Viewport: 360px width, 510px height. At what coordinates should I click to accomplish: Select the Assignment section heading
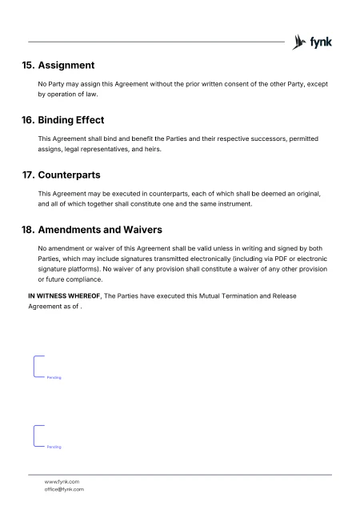66,65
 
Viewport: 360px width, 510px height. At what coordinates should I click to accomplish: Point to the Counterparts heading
69,174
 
